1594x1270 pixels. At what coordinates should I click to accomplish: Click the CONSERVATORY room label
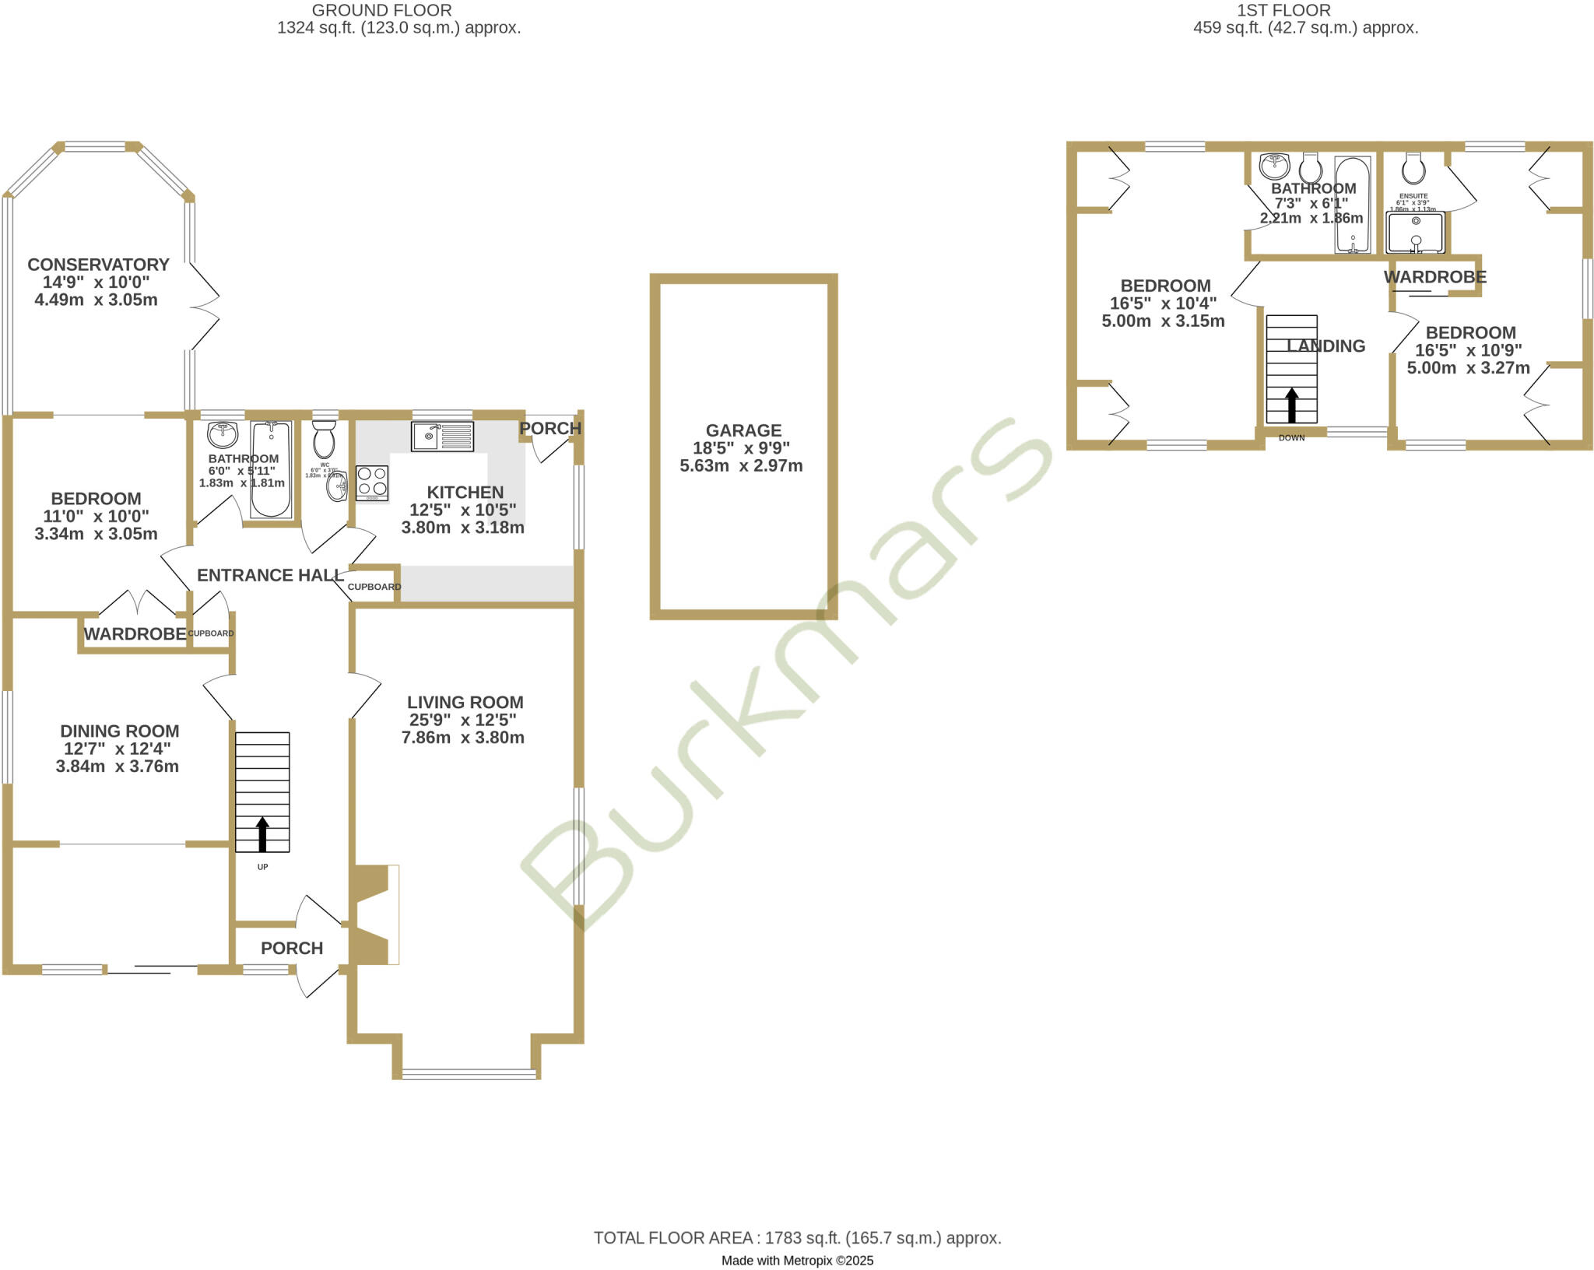pyautogui.click(x=98, y=265)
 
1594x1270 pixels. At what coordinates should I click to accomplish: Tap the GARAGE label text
pyautogui.click(x=743, y=430)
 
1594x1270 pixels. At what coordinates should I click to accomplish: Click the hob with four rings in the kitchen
pyautogui.click(x=372, y=482)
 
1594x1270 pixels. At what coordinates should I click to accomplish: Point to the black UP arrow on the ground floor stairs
pyautogui.click(x=262, y=833)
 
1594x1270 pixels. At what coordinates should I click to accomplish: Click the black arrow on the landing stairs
pyautogui.click(x=1292, y=405)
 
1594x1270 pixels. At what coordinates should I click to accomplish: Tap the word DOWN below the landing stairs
pyautogui.click(x=1291, y=438)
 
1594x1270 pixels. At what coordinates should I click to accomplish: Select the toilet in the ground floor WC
pyautogui.click(x=324, y=440)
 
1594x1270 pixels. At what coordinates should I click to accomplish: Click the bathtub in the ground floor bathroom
pyautogui.click(x=271, y=469)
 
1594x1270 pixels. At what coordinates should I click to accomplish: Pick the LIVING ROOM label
pyautogui.click(x=465, y=703)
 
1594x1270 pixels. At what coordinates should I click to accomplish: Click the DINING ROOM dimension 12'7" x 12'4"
pyautogui.click(x=118, y=749)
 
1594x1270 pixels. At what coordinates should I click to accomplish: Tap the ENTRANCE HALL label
pyautogui.click(x=270, y=575)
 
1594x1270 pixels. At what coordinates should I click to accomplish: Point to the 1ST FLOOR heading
pyautogui.click(x=1283, y=11)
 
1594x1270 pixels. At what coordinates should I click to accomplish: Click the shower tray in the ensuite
pyautogui.click(x=1415, y=232)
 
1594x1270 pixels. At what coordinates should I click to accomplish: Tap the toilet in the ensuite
pyautogui.click(x=1413, y=167)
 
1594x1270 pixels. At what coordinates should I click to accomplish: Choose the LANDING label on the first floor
pyautogui.click(x=1325, y=346)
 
